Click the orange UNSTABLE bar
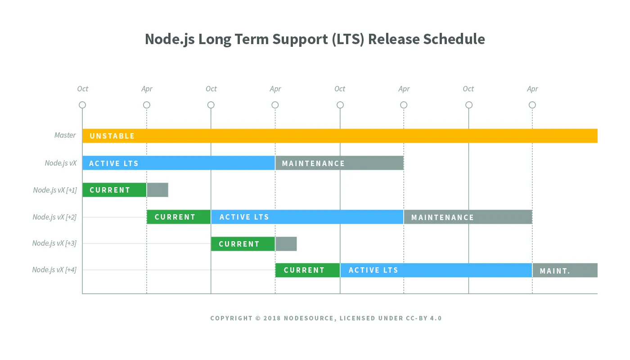[340, 136]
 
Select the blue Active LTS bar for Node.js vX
[179, 163]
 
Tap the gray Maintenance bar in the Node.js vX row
[339, 163]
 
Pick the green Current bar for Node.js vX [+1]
[114, 190]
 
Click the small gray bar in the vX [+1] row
[157, 190]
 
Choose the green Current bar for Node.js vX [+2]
[179, 217]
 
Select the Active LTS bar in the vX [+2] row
[307, 217]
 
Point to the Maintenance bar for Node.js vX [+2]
[468, 217]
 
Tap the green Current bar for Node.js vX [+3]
[243, 243]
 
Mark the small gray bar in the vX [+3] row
[286, 243]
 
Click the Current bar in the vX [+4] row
[307, 270]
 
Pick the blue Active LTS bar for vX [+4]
[436, 270]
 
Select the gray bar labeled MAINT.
[565, 270]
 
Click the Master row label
[65, 135]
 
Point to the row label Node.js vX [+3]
[54, 243]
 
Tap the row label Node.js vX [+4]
[54, 270]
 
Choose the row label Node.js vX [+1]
[55, 190]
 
